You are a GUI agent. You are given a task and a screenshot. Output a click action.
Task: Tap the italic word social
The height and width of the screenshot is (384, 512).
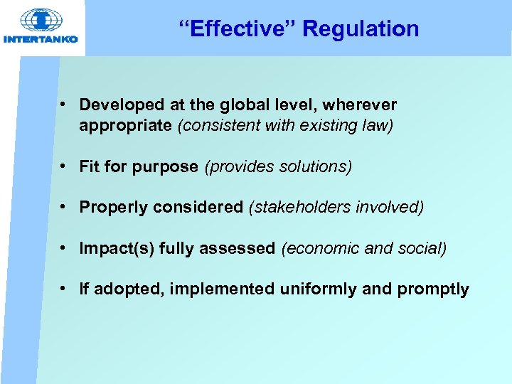coord(423,249)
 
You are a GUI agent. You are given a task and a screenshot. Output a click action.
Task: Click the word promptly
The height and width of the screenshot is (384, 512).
coord(433,289)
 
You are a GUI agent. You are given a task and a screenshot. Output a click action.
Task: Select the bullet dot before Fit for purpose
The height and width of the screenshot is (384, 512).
coord(64,166)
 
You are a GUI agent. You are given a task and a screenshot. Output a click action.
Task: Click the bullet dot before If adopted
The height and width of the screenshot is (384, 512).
coord(64,289)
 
